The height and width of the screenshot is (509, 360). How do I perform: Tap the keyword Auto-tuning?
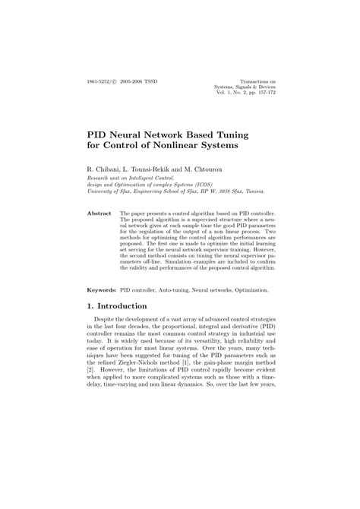[x=177, y=290]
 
